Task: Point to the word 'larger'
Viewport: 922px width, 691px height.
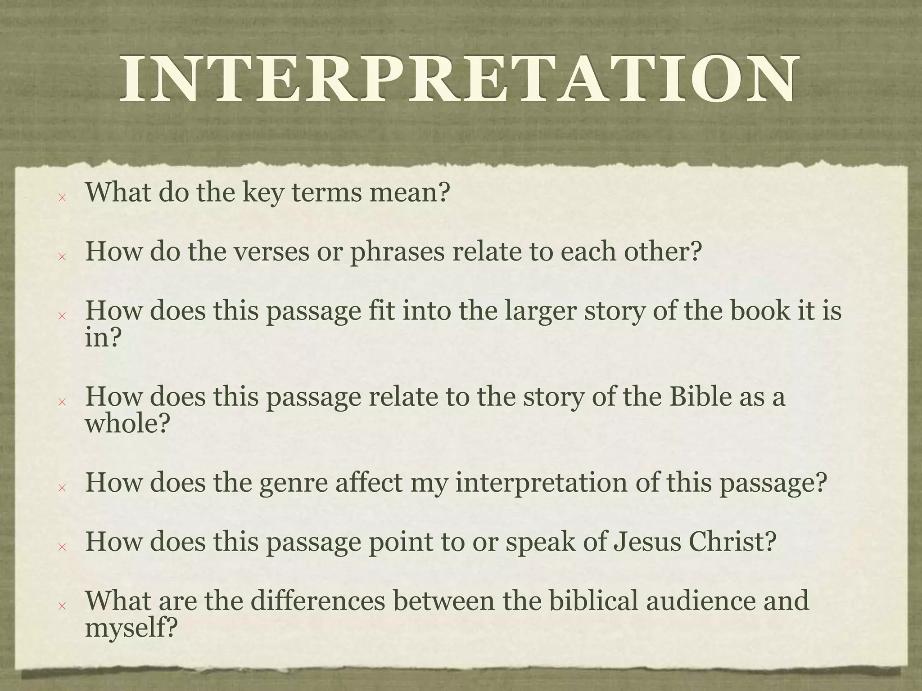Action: tap(540, 312)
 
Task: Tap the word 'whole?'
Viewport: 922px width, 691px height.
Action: tap(128, 424)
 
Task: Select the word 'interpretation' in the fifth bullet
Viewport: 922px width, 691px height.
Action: tap(541, 484)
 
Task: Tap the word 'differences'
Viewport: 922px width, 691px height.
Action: tap(318, 601)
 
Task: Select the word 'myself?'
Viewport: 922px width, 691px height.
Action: tap(131, 628)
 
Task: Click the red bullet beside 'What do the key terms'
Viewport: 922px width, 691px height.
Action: tap(62, 197)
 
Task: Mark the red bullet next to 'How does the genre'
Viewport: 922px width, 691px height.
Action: tap(62, 488)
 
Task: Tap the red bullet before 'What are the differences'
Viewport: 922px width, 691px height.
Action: tap(62, 606)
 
